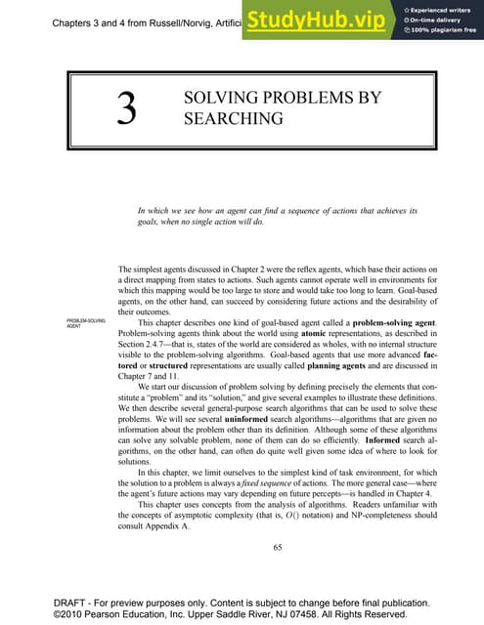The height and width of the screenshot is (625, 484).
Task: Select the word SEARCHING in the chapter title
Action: click(x=220, y=119)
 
